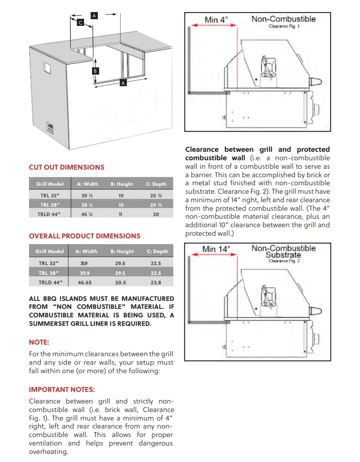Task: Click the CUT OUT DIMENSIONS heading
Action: [x=67, y=167]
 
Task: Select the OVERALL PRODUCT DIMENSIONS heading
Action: [x=84, y=236]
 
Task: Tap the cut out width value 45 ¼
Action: [x=87, y=214]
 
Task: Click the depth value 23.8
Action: [x=156, y=282]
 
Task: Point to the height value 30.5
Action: [x=121, y=282]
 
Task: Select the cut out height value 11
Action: [x=121, y=214]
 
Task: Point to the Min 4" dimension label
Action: [x=216, y=20]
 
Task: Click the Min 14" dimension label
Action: [x=216, y=249]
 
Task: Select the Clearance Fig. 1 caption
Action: [x=284, y=27]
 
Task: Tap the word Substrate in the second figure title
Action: [x=283, y=255]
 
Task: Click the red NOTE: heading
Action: [x=39, y=342]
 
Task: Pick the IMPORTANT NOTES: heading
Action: [x=62, y=389]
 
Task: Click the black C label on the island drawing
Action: [x=80, y=22]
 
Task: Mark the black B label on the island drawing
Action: [x=95, y=71]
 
